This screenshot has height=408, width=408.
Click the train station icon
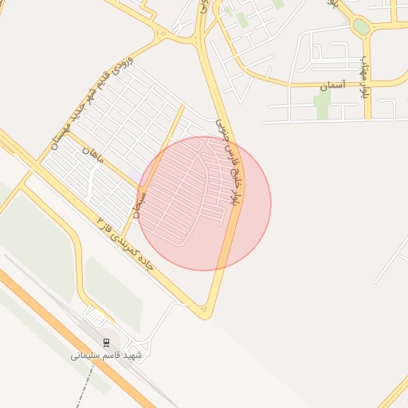[x=106, y=342]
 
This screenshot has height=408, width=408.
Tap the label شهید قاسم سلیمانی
[x=106, y=355]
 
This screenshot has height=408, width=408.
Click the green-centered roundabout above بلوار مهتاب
[x=362, y=26]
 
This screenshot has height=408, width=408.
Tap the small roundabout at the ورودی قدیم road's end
[x=163, y=33]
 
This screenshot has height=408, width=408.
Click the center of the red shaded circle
[x=205, y=203]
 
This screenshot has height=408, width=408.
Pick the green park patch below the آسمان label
[x=322, y=104]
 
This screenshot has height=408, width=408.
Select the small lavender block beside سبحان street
[x=135, y=177]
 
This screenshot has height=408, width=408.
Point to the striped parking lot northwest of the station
[x=97, y=316]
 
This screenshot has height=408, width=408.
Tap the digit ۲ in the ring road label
[x=101, y=218]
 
